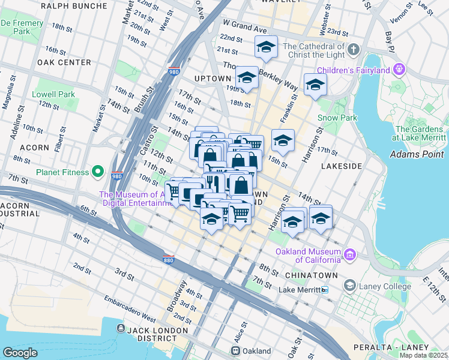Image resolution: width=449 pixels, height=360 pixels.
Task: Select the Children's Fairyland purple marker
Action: [x=399, y=70]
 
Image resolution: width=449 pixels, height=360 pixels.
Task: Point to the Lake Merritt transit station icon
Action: [x=325, y=290]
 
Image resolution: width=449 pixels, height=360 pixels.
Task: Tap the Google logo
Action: [x=20, y=352]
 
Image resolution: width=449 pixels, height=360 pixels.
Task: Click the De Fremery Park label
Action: [x=22, y=26]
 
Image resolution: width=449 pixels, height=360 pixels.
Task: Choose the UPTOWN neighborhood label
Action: [x=213, y=79]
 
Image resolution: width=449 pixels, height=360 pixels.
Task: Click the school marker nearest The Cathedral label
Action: [x=266, y=46]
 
